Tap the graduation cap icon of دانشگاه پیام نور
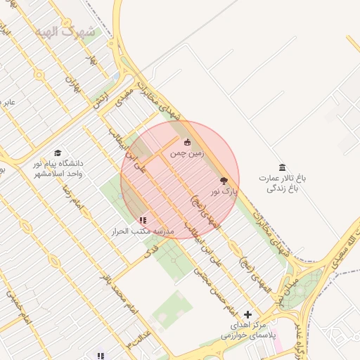(57, 153)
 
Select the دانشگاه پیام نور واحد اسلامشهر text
(58, 168)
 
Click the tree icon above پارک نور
(224, 181)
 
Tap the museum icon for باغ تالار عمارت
(282, 167)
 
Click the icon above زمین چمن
(187, 142)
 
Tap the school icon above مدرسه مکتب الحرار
(144, 220)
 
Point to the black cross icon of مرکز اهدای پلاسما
(247, 314)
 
